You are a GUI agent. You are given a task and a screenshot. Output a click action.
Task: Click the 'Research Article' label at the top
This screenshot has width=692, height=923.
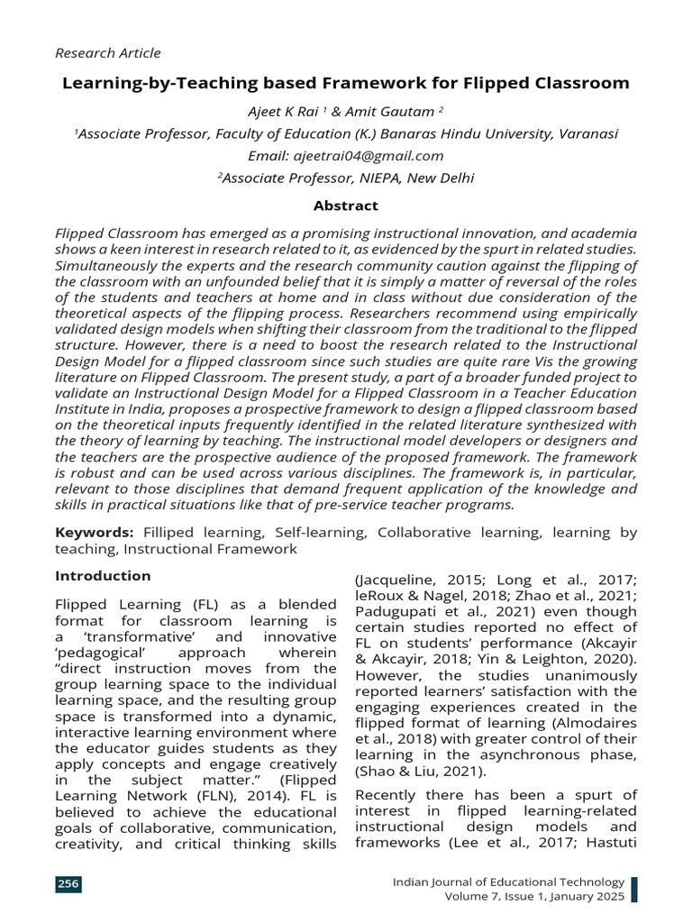pyautogui.click(x=108, y=53)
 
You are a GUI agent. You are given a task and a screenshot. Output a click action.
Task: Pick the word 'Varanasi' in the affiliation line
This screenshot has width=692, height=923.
pyautogui.click(x=587, y=133)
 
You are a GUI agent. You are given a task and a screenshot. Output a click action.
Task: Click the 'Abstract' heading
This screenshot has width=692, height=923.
pyautogui.click(x=345, y=206)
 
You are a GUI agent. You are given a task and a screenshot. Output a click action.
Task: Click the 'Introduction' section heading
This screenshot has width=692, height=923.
pyautogui.click(x=103, y=576)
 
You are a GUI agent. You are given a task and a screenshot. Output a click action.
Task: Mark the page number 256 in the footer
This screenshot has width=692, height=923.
pyautogui.click(x=68, y=884)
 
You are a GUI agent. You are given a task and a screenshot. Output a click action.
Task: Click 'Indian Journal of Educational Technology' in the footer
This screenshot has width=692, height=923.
pyautogui.click(x=508, y=882)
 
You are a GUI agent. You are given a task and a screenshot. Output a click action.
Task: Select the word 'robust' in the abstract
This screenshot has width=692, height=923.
pyautogui.click(x=96, y=472)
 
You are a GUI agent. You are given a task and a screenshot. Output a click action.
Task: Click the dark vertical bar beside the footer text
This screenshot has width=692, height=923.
pyautogui.click(x=633, y=889)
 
